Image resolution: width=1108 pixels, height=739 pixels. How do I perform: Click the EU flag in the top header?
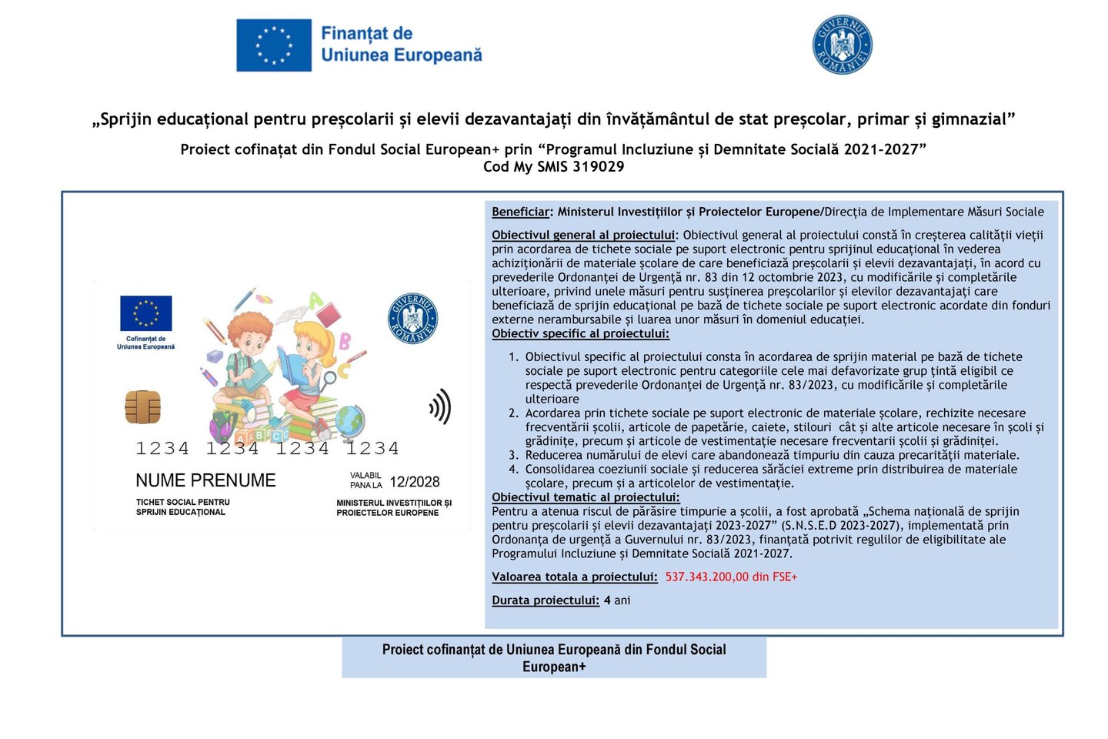274,45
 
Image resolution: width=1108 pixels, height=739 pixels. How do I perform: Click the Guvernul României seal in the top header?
843,45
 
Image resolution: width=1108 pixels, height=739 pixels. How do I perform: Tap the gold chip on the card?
143,407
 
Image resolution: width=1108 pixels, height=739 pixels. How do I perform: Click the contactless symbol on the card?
440,406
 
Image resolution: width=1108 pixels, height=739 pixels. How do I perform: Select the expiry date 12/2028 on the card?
415,482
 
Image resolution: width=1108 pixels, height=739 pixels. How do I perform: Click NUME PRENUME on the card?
205,480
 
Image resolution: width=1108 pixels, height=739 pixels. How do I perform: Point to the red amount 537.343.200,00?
707,577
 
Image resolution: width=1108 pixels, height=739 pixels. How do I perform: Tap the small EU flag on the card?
145,313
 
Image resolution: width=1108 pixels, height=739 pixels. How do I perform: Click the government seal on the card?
412,318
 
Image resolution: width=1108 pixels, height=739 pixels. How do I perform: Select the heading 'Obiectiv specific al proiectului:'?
580,333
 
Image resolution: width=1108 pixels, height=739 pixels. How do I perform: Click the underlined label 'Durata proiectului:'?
546,600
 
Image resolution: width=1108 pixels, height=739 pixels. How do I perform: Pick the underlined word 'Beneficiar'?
521,212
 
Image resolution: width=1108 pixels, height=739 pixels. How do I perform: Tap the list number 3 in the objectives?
513,455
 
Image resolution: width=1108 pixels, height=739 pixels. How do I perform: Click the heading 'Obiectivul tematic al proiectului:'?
586,497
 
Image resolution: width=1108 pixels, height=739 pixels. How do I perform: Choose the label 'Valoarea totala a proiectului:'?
575,577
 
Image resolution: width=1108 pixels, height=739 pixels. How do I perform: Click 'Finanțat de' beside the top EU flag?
366,34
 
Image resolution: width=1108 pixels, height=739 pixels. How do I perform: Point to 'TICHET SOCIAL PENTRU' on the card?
183,502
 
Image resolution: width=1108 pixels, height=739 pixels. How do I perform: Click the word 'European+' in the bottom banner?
554,667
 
